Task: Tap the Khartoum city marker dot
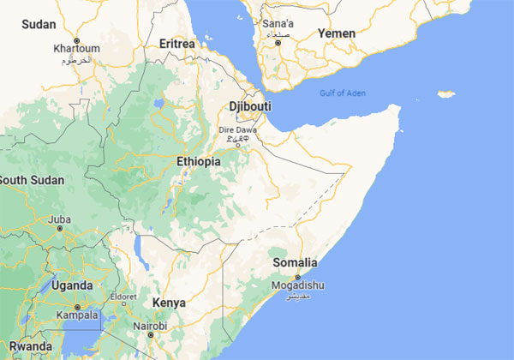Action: pyautogui.click(x=77, y=40)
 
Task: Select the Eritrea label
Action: pyautogui.click(x=176, y=43)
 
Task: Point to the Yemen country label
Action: pyautogui.click(x=336, y=33)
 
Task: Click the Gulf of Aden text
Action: pyautogui.click(x=342, y=93)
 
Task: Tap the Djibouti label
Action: pyautogui.click(x=250, y=105)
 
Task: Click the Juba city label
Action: pyautogui.click(x=60, y=220)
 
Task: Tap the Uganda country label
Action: pyautogui.click(x=72, y=285)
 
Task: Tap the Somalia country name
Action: pyautogui.click(x=294, y=262)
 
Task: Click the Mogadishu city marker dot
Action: pyautogui.click(x=297, y=277)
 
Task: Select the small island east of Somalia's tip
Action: pyautogui.click(x=445, y=93)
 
